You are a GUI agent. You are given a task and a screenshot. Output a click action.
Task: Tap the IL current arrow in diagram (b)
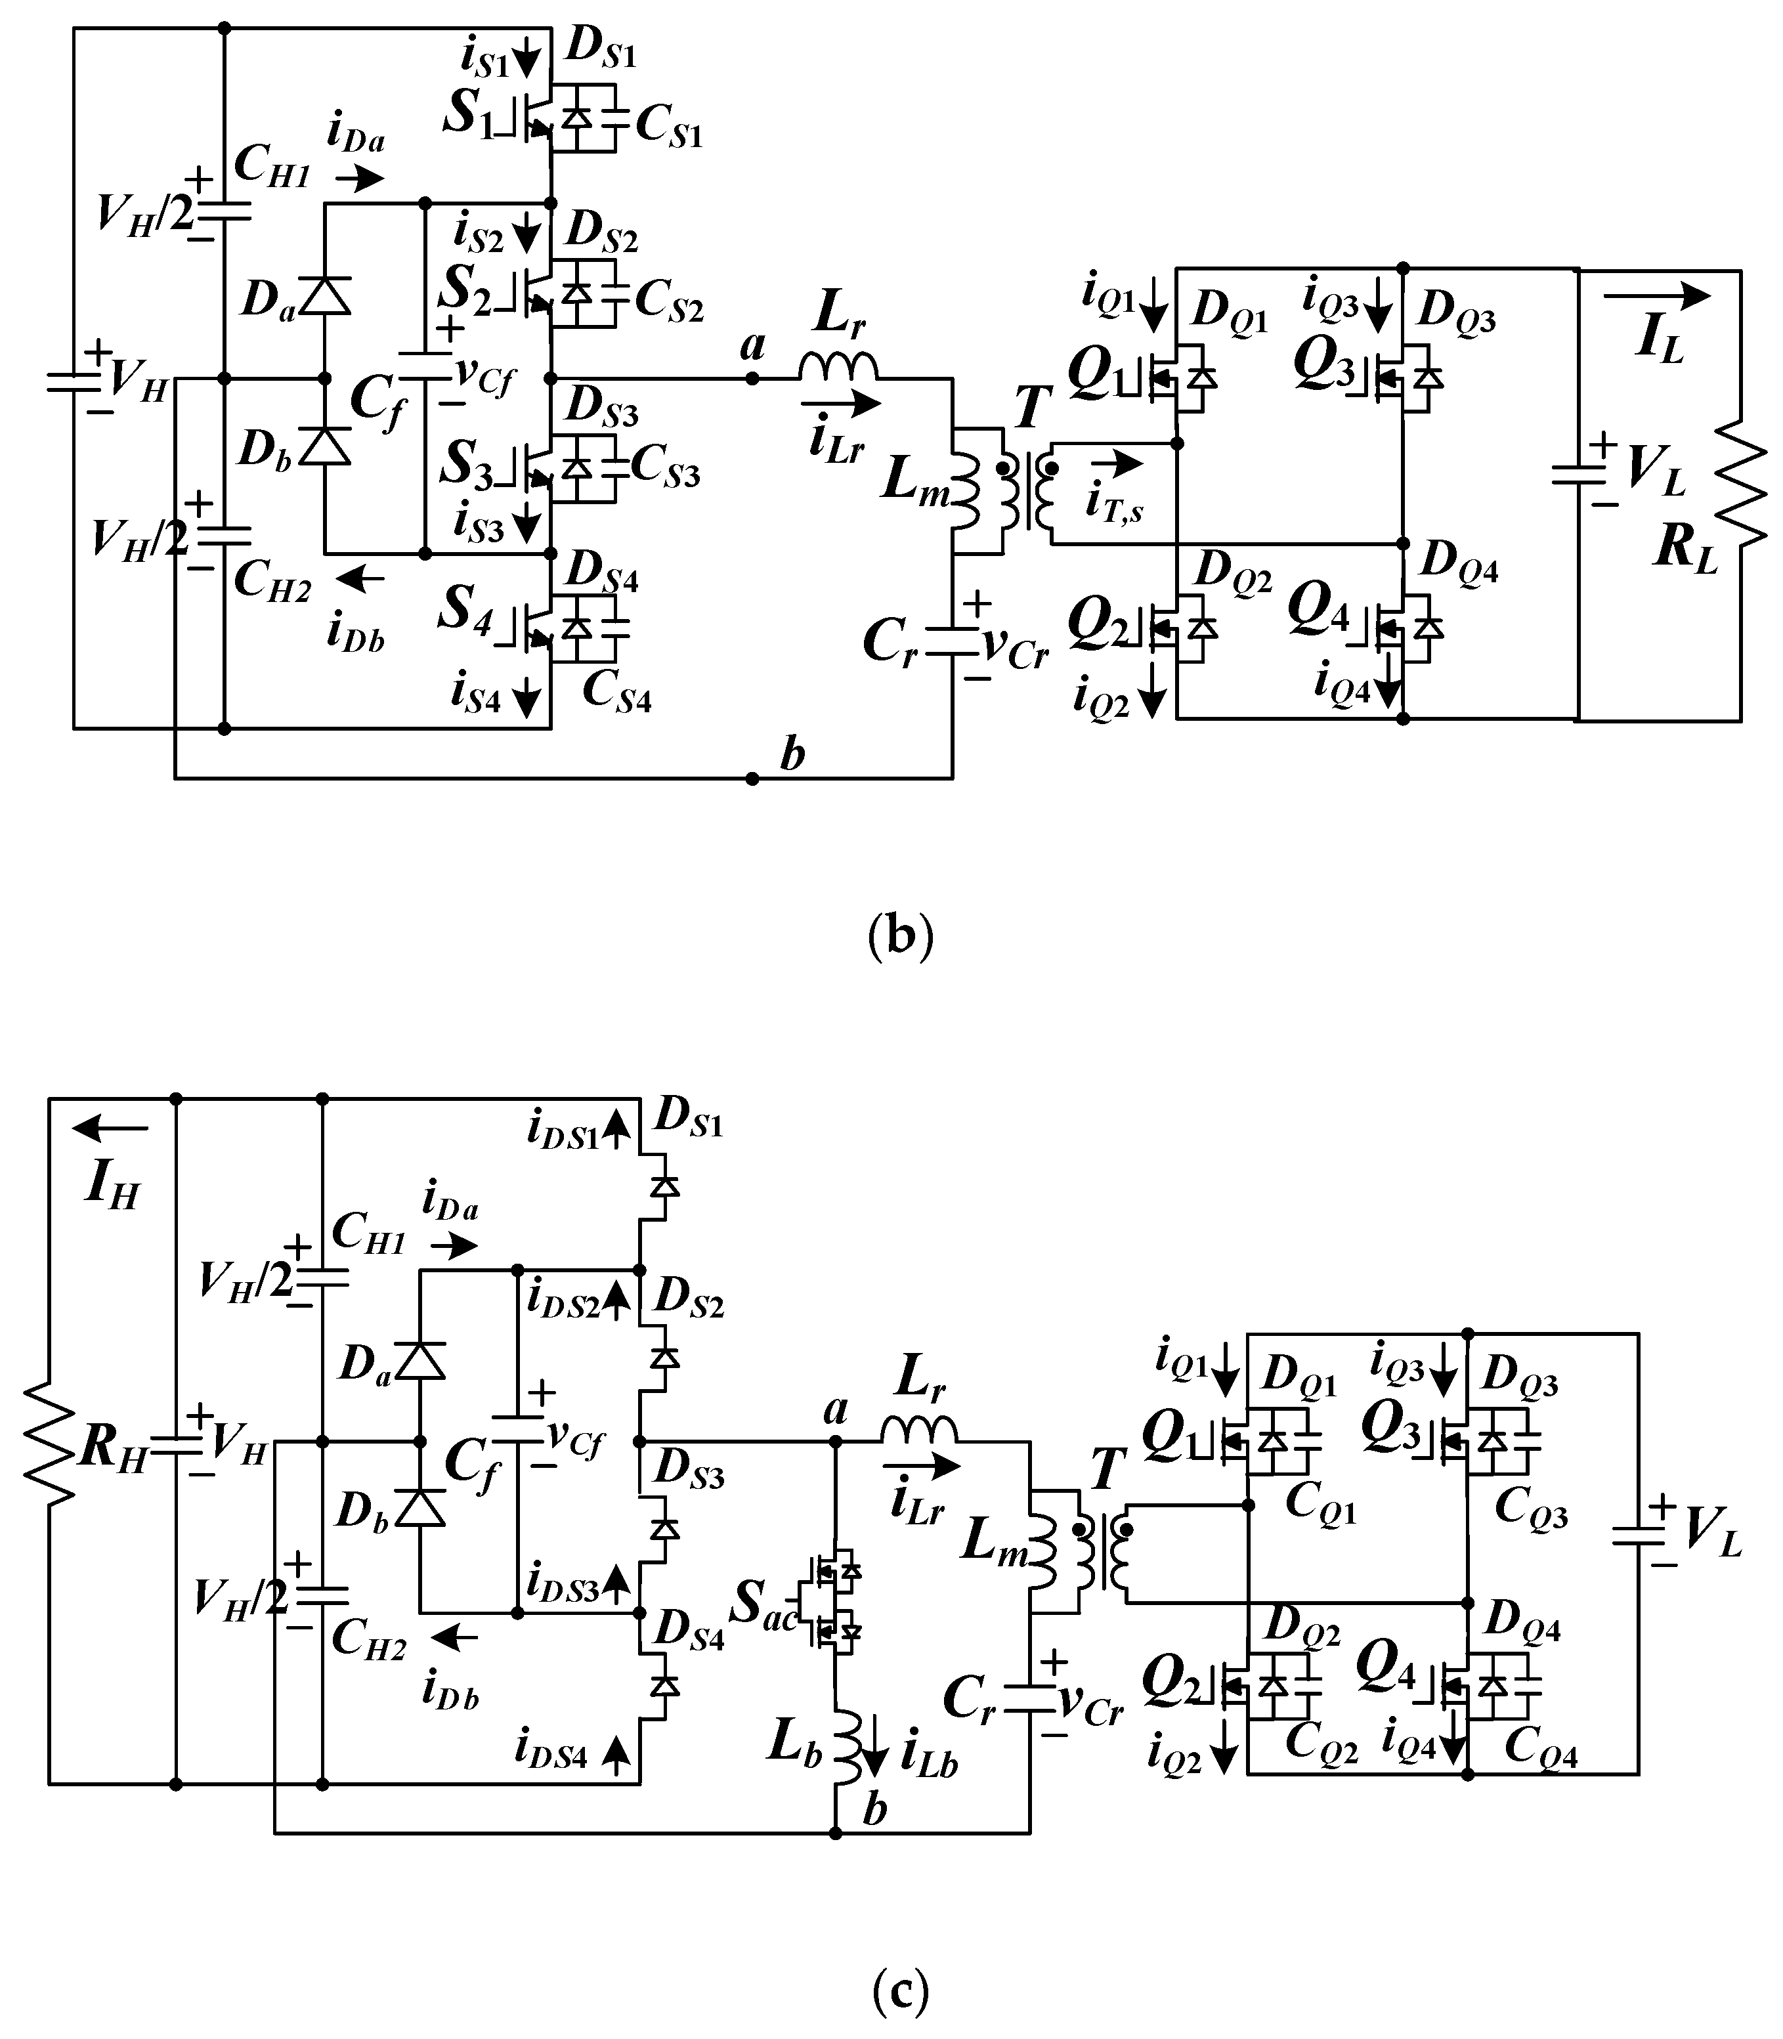click(1657, 295)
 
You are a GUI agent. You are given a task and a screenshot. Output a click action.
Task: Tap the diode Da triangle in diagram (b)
click(324, 295)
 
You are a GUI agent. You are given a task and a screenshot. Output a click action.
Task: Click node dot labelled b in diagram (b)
click(752, 778)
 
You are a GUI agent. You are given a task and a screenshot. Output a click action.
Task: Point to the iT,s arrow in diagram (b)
click(1117, 463)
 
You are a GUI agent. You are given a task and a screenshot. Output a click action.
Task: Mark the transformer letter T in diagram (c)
click(1107, 1470)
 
